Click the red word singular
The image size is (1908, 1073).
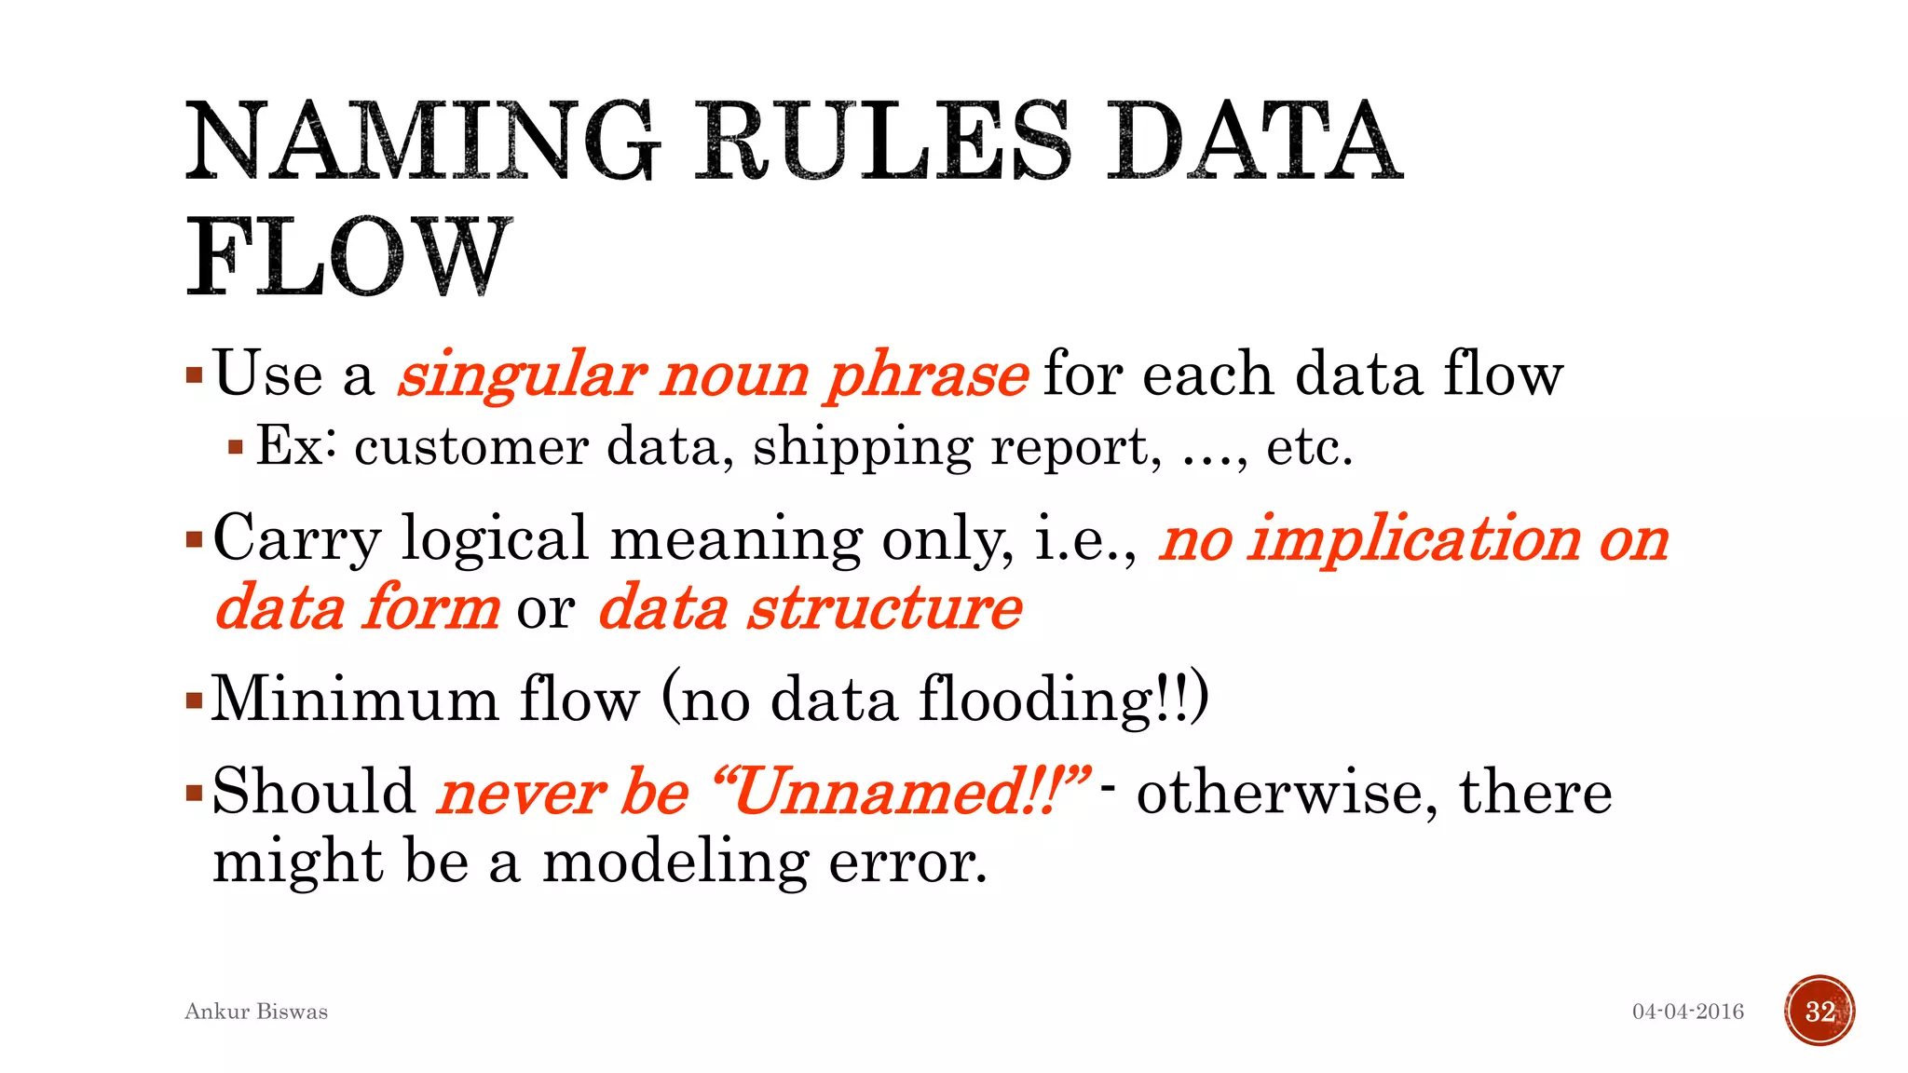pos(522,375)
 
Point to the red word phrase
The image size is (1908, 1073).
pos(927,375)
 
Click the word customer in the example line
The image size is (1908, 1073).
pos(471,447)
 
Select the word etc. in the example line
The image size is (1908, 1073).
pos(1309,447)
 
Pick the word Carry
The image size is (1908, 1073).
pos(297,539)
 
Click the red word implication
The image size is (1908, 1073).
pos(1414,539)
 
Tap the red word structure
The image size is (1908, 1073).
pos(885,608)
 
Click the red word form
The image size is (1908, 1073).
pos(431,608)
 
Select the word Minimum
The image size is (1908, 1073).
pos(355,699)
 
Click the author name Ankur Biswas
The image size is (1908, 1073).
pos(256,1012)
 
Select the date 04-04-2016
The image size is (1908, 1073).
pos(1687,1012)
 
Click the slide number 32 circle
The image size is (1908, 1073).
pos(1819,1012)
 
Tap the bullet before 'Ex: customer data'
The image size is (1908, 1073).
pos(236,448)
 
